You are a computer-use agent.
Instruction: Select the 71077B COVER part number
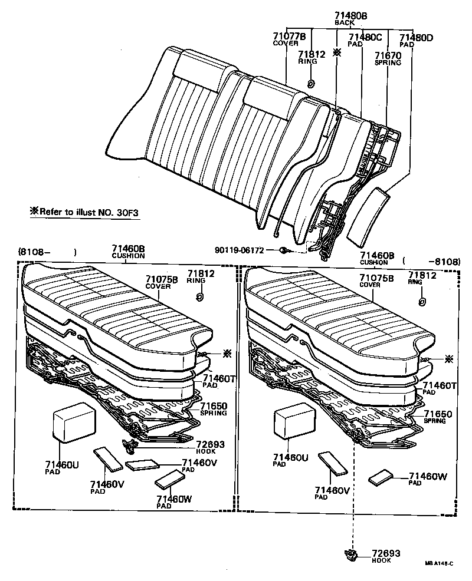coord(289,39)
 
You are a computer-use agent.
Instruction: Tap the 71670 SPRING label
coord(388,59)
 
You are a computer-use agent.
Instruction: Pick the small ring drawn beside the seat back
coord(311,83)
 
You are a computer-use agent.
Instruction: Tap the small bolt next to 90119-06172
coord(283,251)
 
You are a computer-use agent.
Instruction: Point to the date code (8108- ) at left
coord(47,252)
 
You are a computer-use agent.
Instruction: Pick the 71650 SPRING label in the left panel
coord(214,409)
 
